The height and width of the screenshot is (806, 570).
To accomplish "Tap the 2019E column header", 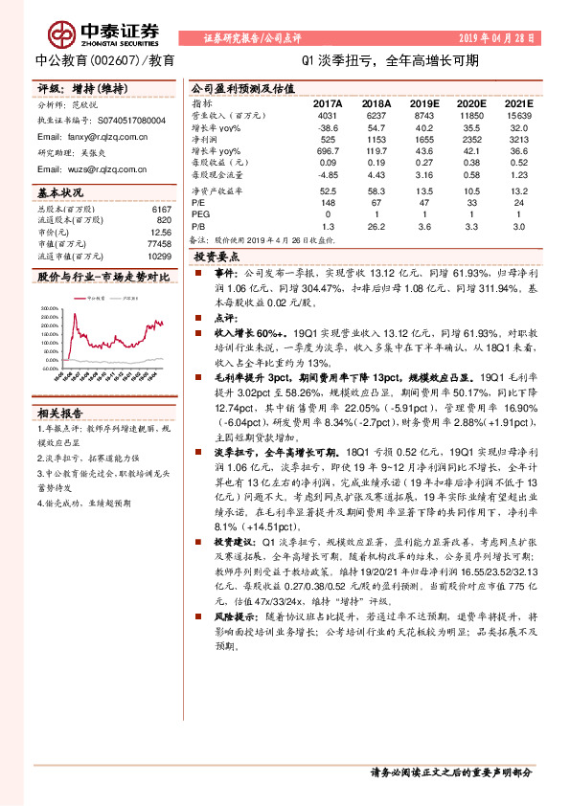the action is point(424,103).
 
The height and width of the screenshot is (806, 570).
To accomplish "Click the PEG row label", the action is point(200,214).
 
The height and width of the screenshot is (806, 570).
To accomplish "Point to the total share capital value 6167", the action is point(161,209).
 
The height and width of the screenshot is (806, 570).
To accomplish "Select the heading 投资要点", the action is point(216,257).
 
